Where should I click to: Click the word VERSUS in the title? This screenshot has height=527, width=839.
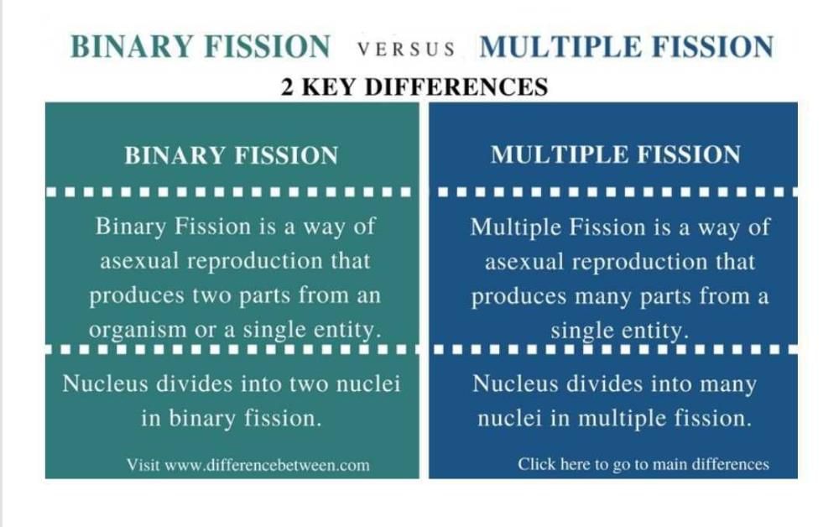pos(406,50)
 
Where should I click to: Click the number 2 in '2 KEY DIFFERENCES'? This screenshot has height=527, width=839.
pos(287,87)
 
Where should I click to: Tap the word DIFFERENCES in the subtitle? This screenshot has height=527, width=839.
pos(456,87)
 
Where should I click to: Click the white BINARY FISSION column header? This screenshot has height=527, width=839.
pos(232,156)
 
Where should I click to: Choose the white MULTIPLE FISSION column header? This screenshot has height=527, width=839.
pos(615,154)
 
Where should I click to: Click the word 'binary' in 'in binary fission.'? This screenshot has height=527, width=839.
pos(201,419)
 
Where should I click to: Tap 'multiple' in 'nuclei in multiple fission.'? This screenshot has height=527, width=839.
pos(623,419)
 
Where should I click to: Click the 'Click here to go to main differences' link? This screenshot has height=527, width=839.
pos(644,464)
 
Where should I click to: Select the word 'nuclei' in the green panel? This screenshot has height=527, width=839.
pos(368,384)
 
